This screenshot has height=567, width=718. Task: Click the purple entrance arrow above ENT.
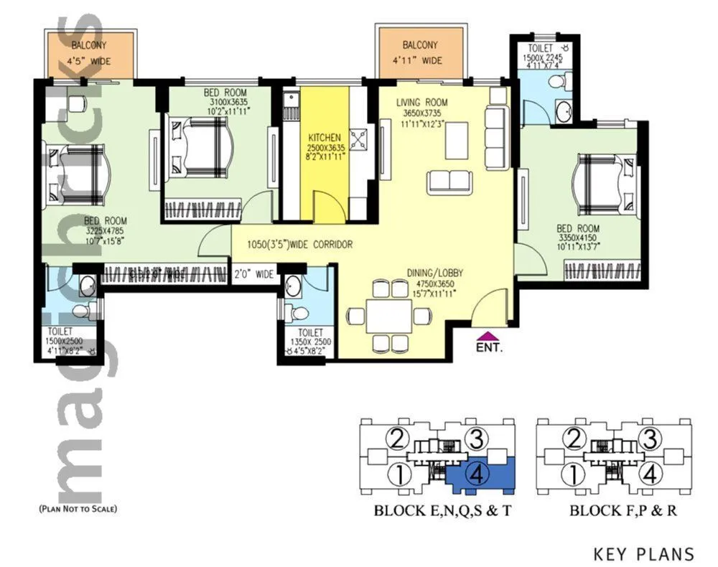(x=488, y=334)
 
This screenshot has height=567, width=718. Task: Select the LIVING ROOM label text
(x=422, y=103)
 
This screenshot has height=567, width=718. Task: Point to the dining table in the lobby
(x=388, y=314)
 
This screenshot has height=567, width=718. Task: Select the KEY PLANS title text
(x=643, y=553)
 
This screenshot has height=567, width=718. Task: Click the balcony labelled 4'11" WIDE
(x=421, y=52)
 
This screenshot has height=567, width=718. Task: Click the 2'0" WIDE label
(x=253, y=274)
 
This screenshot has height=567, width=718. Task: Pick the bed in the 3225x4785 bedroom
(x=75, y=173)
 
